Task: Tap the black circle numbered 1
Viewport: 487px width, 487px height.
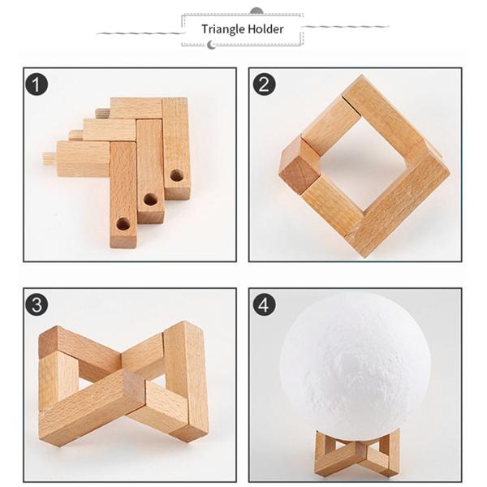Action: point(37,84)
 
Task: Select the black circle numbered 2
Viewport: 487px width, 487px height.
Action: point(264,84)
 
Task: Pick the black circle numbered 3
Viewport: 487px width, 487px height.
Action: point(37,304)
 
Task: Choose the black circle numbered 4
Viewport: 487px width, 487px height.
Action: point(264,304)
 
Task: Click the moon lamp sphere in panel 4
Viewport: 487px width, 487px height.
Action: point(355,364)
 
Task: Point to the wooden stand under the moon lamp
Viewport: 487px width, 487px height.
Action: point(356,452)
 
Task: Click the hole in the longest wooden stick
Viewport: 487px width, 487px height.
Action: point(123,224)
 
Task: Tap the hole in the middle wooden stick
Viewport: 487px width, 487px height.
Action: point(150,200)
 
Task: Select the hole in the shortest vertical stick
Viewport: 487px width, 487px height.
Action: point(176,175)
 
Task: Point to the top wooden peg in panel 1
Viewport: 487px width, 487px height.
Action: point(103,113)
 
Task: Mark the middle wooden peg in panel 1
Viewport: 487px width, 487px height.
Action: point(76,135)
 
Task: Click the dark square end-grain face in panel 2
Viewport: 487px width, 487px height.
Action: point(298,178)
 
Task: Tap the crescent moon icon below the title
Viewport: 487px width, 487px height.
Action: point(211,45)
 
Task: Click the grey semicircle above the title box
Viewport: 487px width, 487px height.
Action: point(256,11)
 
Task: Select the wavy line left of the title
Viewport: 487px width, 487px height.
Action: point(139,33)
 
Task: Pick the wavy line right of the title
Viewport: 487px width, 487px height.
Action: point(345,27)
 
